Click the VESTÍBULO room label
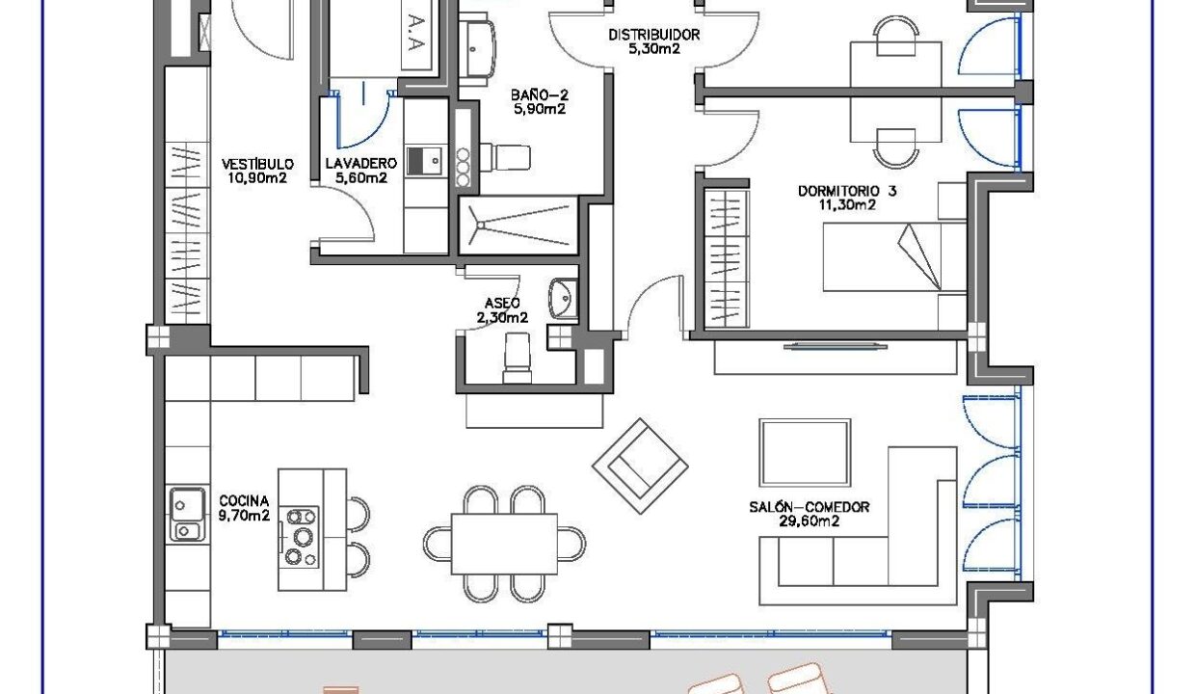(x=257, y=164)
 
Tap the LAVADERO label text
(x=361, y=163)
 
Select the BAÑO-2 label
(x=540, y=95)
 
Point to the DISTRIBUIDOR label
(x=654, y=35)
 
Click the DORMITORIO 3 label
(x=847, y=191)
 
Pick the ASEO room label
(x=502, y=304)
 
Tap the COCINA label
(x=244, y=501)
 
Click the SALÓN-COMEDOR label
(x=810, y=507)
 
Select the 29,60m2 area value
(x=810, y=521)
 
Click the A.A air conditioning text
(x=416, y=33)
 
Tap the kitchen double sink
(x=188, y=515)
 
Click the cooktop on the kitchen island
(x=300, y=537)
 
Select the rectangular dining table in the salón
(x=504, y=544)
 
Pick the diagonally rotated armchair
(x=640, y=467)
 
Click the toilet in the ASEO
(x=517, y=358)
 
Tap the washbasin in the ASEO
(x=564, y=298)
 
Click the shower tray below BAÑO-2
(x=518, y=226)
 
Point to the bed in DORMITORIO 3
(x=894, y=257)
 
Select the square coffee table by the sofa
(x=805, y=453)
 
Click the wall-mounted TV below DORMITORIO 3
(x=836, y=347)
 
